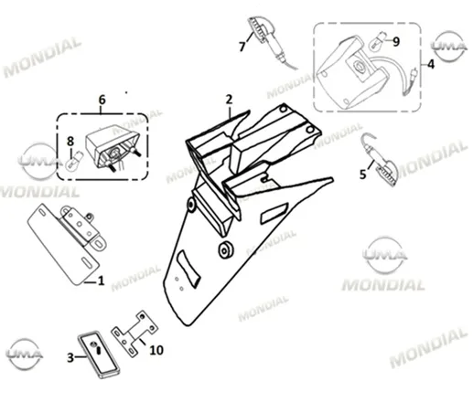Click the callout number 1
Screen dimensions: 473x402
coord(101,280)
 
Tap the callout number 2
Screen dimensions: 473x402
coord(229,100)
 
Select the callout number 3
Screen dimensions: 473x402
coord(70,357)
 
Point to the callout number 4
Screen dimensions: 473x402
coord(431,64)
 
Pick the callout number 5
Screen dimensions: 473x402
coord(362,175)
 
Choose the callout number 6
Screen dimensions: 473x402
coord(102,100)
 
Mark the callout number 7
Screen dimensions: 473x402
coord(242,47)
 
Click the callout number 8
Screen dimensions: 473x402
coord(70,142)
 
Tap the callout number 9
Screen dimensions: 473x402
coord(396,42)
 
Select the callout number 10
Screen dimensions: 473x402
coord(156,350)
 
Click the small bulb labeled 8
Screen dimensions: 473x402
coord(74,162)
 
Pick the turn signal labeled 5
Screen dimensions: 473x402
coord(381,160)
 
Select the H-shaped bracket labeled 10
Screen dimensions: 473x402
coord(135,334)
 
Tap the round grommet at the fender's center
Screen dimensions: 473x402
coord(226,250)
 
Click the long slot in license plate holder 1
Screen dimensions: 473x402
coord(88,263)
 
